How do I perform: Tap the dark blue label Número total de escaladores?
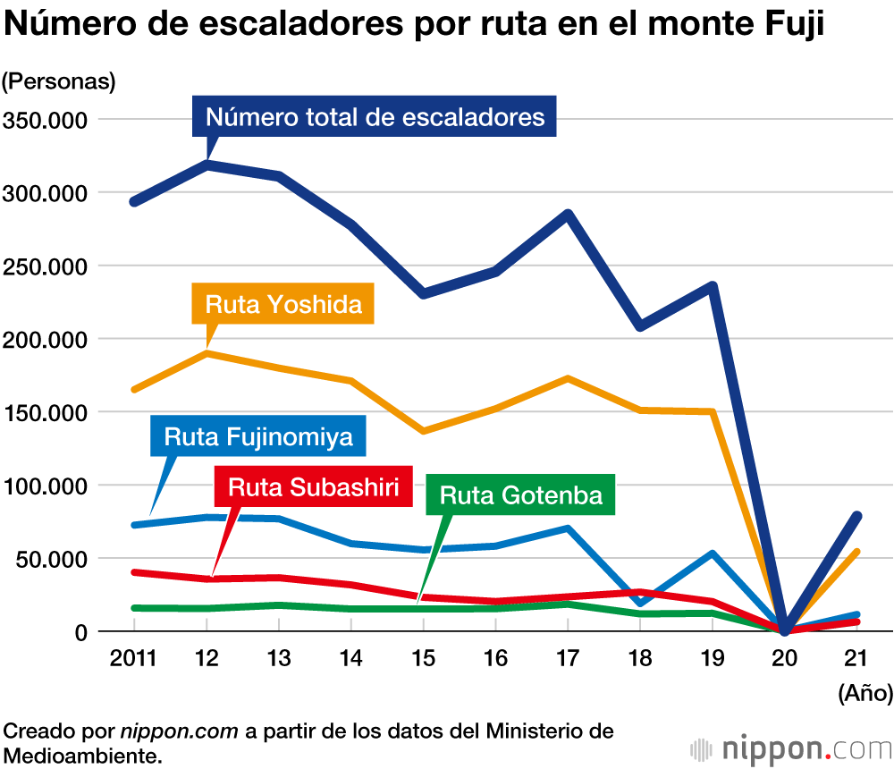click(x=375, y=117)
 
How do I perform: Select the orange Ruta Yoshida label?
click(x=283, y=304)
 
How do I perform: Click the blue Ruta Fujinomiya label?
click(x=259, y=437)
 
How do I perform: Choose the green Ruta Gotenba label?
click(x=521, y=494)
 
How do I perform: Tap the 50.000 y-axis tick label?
click(x=50, y=560)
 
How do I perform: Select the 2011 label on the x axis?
click(x=132, y=659)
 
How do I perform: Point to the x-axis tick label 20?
click(x=785, y=659)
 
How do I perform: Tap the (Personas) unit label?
click(x=59, y=80)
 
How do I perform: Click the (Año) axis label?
click(x=864, y=691)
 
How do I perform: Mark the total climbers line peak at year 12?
click(x=207, y=165)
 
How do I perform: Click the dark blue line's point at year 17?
click(x=568, y=215)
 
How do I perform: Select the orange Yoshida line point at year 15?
click(x=422, y=432)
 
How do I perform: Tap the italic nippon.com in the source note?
click(x=179, y=731)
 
